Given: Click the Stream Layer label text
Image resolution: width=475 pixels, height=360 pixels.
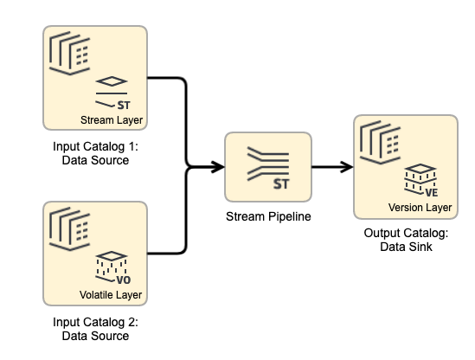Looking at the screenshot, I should (x=111, y=119).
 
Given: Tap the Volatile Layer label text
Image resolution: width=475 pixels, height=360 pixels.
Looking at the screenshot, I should (x=110, y=296).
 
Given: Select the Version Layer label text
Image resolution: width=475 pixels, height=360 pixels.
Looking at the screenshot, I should (x=420, y=208).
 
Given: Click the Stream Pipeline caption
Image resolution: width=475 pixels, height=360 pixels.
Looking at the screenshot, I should (x=268, y=215).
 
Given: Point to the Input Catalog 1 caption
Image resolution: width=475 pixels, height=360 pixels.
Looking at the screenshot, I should (x=95, y=153).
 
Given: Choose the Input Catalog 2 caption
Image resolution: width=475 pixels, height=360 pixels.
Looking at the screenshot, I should (x=95, y=330).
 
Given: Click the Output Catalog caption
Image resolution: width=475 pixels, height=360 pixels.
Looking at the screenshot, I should (x=406, y=241).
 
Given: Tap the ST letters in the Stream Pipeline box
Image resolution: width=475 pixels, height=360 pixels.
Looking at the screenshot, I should (x=280, y=183).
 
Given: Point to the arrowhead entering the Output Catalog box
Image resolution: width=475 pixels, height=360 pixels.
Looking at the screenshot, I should (x=347, y=166).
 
